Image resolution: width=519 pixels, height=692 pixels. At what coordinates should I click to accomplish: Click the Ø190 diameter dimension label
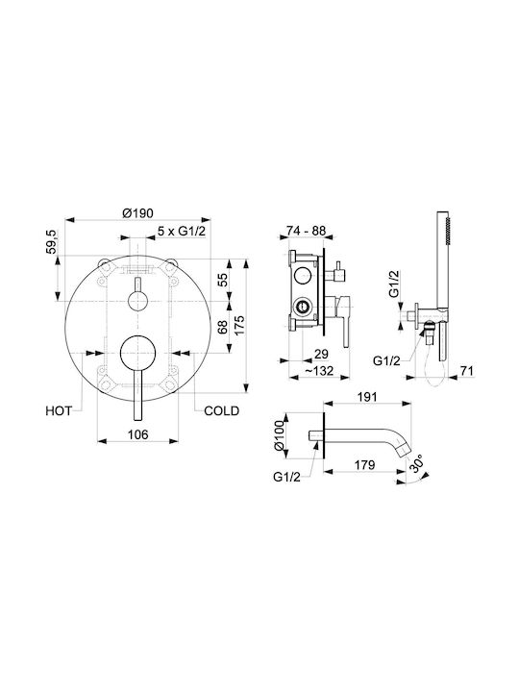click(x=137, y=213)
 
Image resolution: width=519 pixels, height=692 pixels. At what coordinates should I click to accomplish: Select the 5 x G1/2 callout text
click(x=182, y=231)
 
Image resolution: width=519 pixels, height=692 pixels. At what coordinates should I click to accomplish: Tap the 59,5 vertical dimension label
click(x=52, y=241)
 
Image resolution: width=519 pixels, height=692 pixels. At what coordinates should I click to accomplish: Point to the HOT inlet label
click(x=59, y=411)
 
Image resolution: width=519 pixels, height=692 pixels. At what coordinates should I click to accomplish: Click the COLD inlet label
click(x=222, y=411)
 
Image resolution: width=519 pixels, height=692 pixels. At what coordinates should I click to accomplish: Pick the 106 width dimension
click(x=137, y=434)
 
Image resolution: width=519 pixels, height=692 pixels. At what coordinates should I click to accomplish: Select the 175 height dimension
click(x=239, y=325)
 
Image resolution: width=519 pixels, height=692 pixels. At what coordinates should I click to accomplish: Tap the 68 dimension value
click(x=223, y=327)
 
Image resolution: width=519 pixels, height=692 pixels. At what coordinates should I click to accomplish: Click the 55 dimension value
click(x=223, y=280)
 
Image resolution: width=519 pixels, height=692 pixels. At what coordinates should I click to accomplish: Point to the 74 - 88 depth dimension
click(x=306, y=231)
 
